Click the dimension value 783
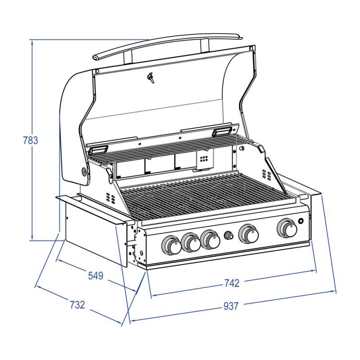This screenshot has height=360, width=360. point(31,140)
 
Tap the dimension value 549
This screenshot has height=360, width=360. point(96,275)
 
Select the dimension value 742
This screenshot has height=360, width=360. point(232,283)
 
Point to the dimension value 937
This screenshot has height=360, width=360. point(231,306)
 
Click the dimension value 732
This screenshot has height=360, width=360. point(77,305)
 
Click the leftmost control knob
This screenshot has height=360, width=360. point(171,245)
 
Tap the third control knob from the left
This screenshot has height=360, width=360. point(210,239)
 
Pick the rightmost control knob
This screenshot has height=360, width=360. point(287,228)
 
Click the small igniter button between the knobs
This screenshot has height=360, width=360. point(229,235)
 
